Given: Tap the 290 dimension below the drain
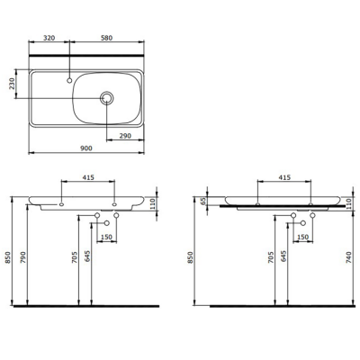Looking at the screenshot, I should [x=125, y=135].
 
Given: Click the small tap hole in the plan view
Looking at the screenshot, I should [x=68, y=78].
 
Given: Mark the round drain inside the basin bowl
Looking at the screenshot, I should [x=108, y=97].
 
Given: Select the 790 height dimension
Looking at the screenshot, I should [x=26, y=262].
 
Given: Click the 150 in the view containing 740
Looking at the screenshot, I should [x=303, y=237].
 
